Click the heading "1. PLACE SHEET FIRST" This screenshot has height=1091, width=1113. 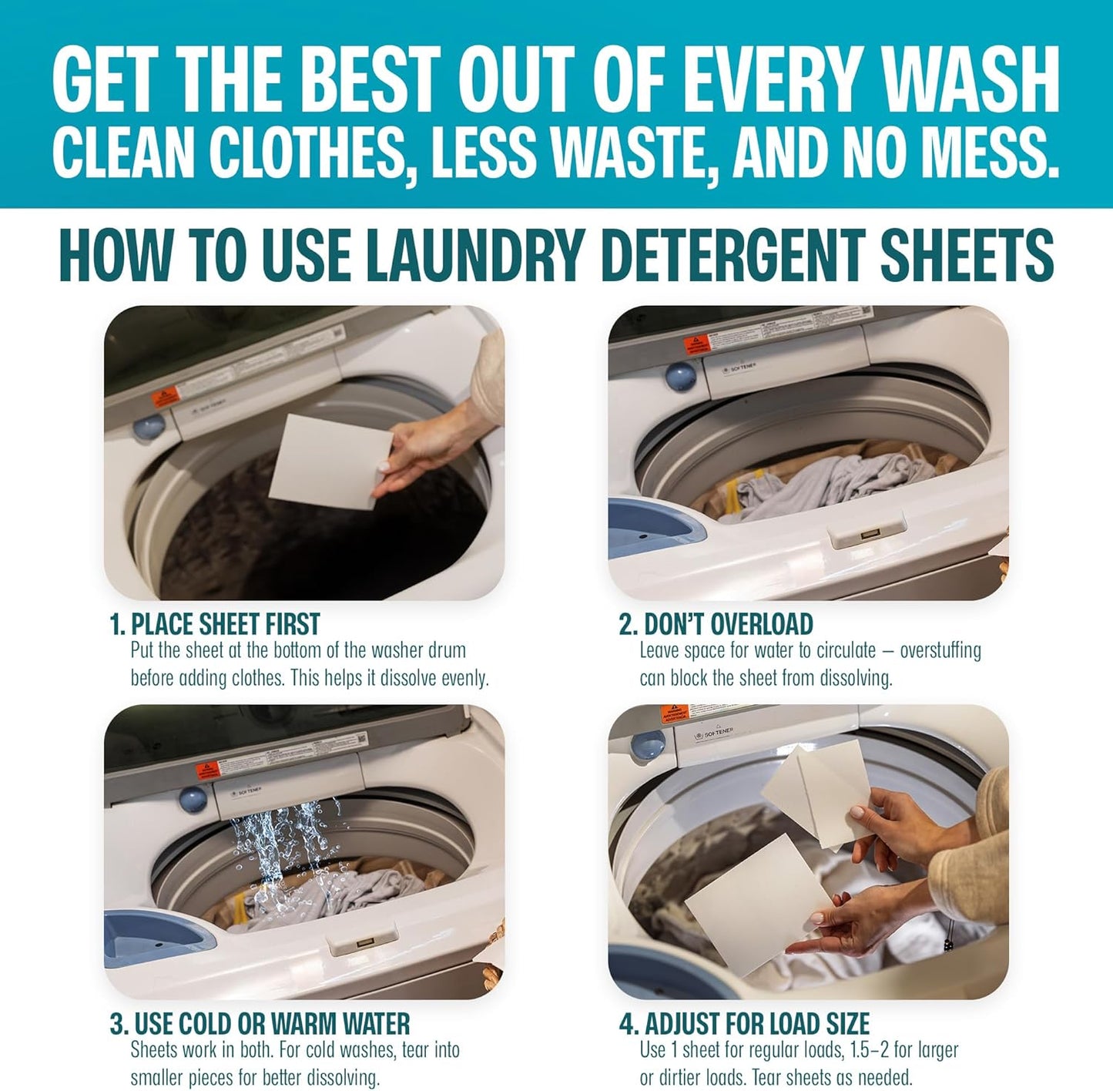pyautogui.click(x=214, y=623)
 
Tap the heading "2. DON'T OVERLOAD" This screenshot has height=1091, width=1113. pyautogui.click(x=716, y=623)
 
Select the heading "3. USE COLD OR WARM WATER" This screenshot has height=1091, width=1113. pyautogui.click(x=260, y=1024)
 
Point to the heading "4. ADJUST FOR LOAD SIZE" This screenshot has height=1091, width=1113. pyautogui.click(x=744, y=1024)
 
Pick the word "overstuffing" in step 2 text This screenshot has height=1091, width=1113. pyautogui.click(x=940, y=651)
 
